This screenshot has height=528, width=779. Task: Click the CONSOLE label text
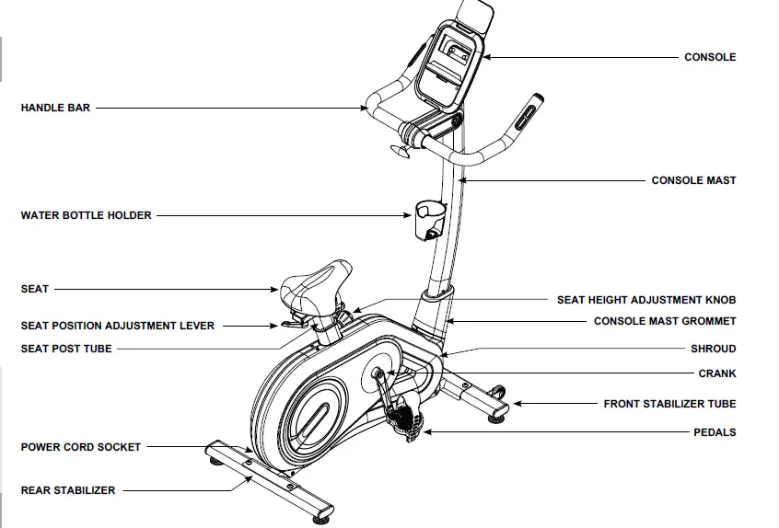[709, 57]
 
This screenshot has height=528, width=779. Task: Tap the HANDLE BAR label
[55, 108]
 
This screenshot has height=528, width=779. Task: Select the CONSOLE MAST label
[693, 180]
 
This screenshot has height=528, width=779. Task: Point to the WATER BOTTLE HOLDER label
[86, 215]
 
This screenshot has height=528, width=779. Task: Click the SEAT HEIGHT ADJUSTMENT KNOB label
[646, 300]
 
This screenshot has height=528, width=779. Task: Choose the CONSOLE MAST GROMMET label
[665, 322]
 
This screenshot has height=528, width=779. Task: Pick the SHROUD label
[713, 350]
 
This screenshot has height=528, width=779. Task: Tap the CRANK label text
[716, 374]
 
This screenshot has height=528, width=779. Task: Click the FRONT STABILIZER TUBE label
[669, 404]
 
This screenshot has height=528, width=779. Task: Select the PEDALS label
[714, 432]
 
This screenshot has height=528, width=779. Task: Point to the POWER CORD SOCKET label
[81, 447]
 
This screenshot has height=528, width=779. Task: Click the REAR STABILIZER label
[68, 490]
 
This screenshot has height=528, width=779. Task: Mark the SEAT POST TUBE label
[66, 349]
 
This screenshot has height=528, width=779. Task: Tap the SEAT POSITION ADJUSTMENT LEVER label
[118, 326]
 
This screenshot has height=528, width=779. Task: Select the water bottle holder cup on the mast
[428, 217]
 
